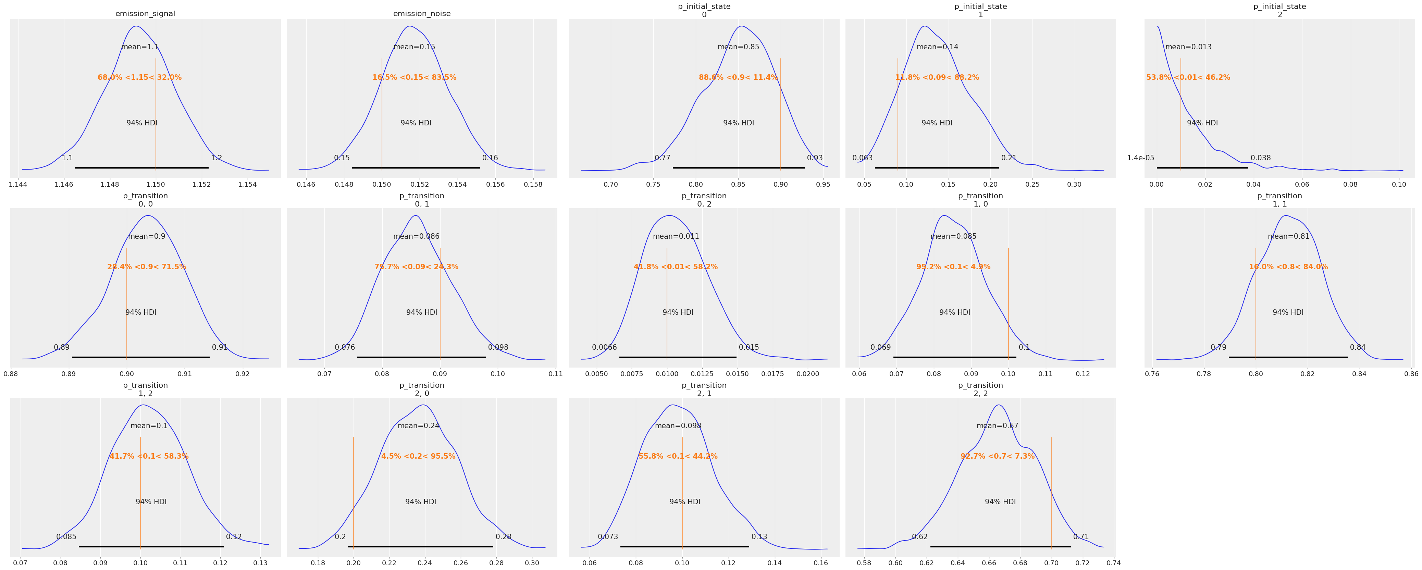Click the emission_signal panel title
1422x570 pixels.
145,14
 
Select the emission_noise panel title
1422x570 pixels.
422,14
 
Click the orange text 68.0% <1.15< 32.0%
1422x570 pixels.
140,77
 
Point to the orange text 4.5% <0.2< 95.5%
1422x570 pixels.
418,456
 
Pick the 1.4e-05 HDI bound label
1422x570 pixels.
1140,158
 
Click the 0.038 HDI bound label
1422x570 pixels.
1261,158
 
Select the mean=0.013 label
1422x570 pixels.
1188,47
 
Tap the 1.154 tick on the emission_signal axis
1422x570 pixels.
247,184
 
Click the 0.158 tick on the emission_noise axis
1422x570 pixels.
533,184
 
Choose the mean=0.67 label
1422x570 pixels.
998,426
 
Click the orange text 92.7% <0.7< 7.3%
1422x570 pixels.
998,456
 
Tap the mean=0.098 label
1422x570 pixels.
678,426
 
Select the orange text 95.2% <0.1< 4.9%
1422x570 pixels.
953,267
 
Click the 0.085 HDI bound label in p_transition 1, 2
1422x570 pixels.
66,537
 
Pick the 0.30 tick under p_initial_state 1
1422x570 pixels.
1074,184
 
